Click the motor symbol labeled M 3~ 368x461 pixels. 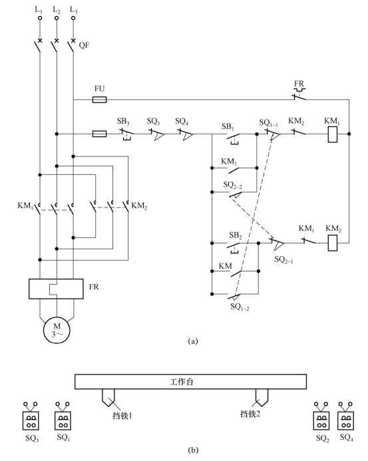57,331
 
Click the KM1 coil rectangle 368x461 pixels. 333,134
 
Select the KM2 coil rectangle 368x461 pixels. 333,243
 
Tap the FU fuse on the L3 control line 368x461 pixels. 99,100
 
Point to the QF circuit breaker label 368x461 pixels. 84,45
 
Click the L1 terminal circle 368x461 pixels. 40,18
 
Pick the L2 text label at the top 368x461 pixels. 57,10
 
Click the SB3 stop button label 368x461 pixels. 123,122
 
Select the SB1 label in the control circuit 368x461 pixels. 228,126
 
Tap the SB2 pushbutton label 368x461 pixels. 236,235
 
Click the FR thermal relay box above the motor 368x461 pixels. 56,289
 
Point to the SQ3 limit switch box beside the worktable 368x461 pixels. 31,420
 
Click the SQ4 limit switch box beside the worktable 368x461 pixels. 346,420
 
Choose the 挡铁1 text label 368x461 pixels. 122,415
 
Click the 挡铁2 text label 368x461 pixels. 250,414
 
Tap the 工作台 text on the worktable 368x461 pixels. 182,382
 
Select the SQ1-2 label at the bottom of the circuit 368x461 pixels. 240,307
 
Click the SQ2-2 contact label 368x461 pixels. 233,185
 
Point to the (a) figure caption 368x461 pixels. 193,341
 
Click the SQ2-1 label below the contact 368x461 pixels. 283,259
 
